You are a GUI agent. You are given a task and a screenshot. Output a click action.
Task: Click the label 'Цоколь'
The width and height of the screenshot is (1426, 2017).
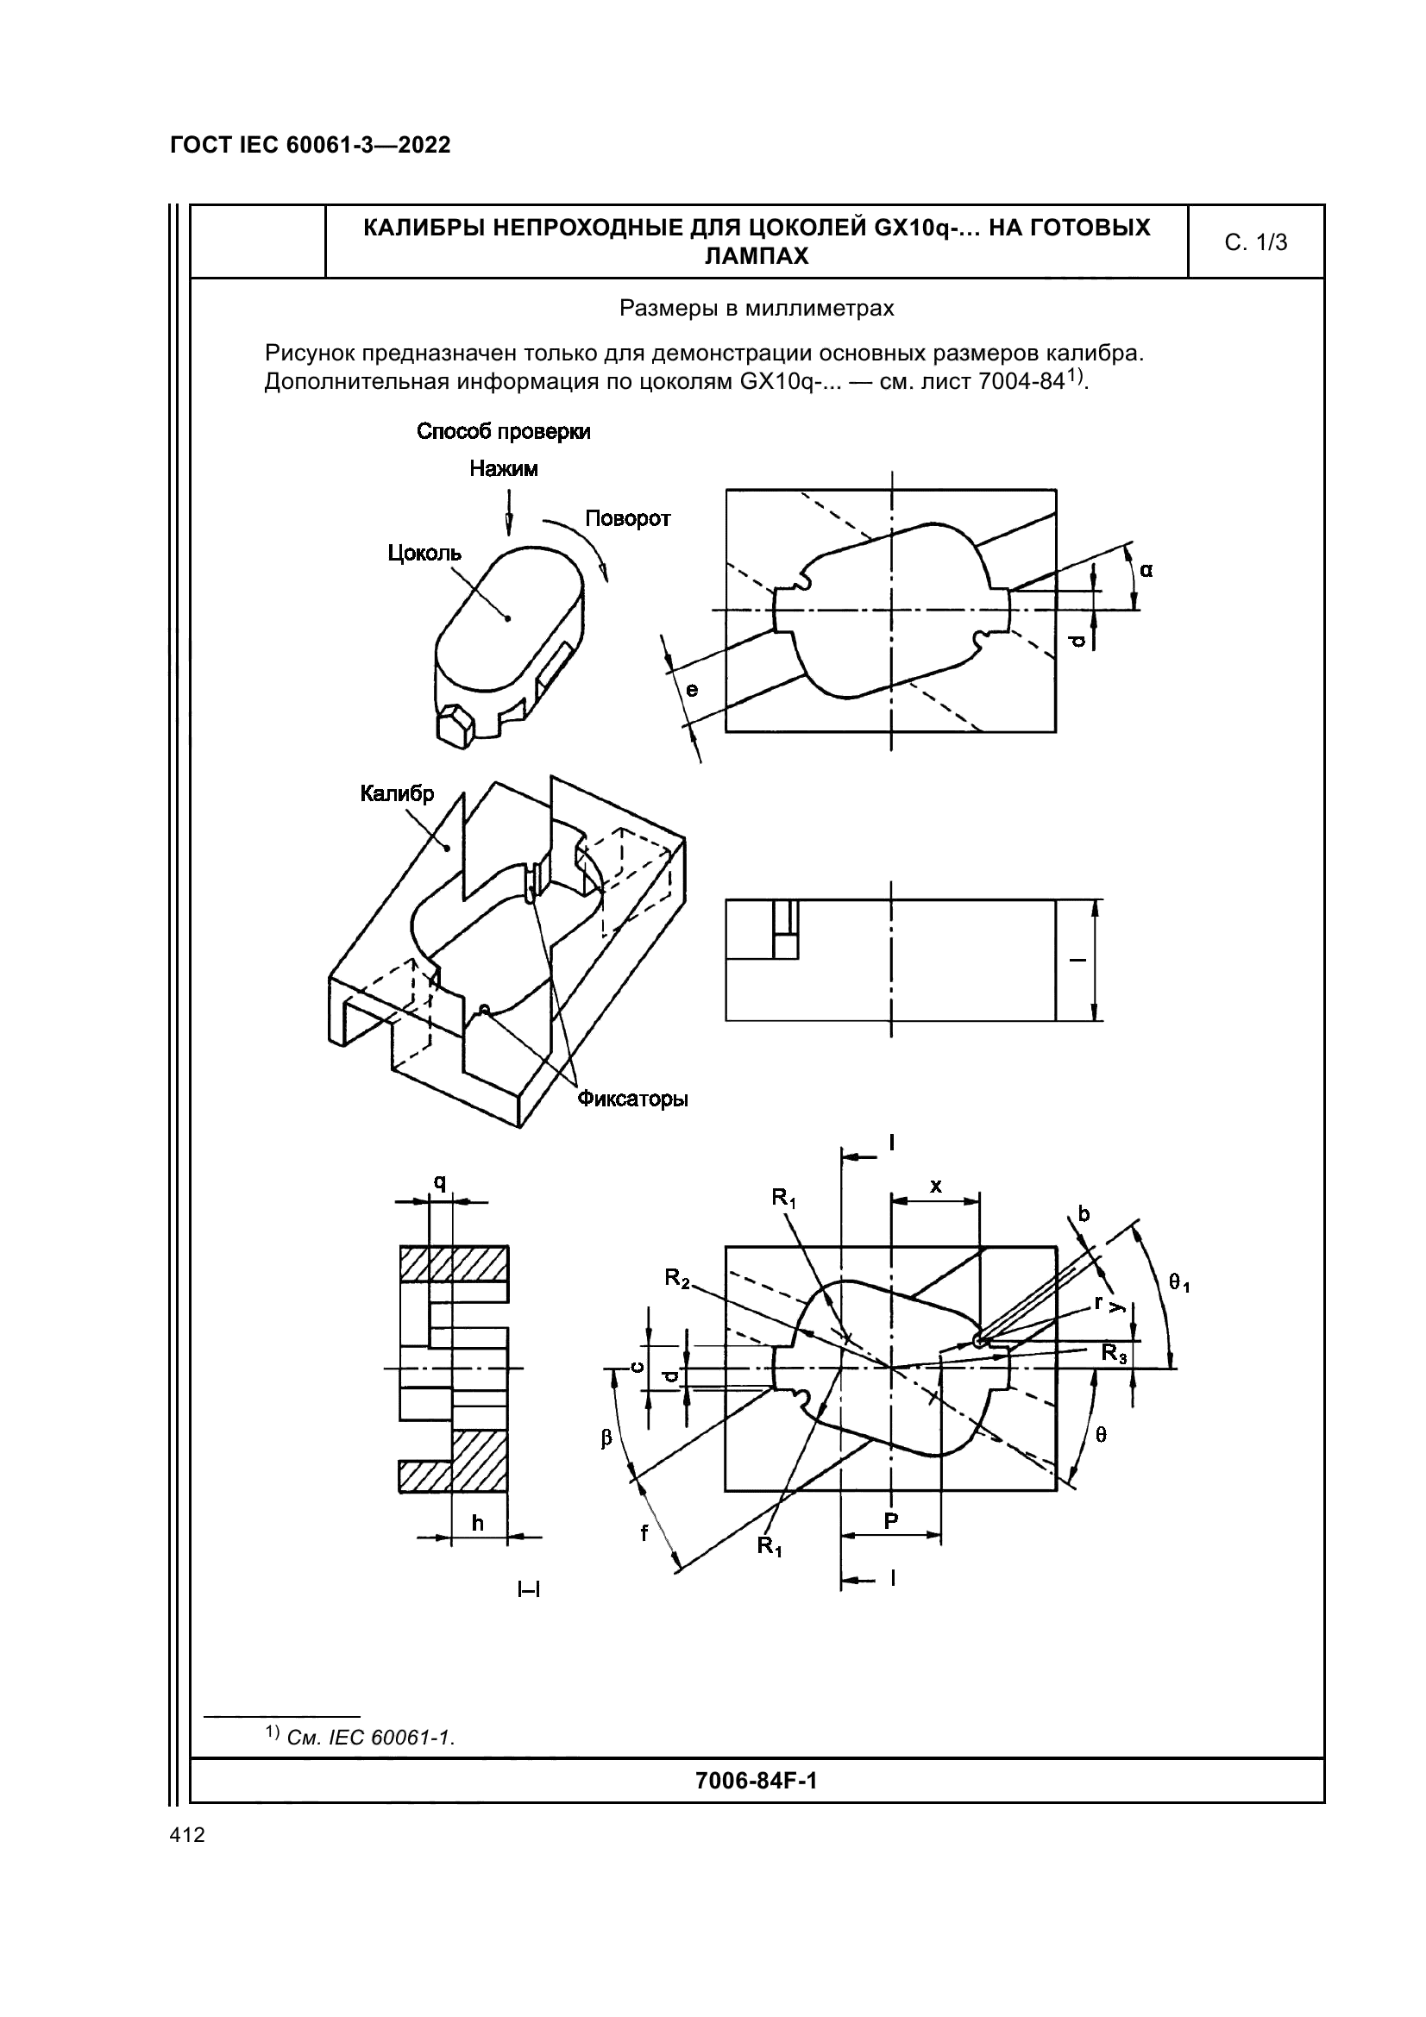coord(424,553)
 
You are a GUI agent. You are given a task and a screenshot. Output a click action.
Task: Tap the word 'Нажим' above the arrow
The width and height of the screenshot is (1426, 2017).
coord(504,468)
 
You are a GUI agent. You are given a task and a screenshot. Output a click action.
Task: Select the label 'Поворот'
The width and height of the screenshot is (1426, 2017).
coord(627,518)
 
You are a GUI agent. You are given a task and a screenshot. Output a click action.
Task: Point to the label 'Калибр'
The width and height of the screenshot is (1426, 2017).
coord(397,794)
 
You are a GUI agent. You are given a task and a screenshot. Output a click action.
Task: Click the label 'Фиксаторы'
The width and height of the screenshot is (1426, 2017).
coord(631,1099)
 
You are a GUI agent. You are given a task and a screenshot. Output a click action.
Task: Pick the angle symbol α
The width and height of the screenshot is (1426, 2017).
coord(1146,570)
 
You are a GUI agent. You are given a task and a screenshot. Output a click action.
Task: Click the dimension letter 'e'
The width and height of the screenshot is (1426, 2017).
coord(693,690)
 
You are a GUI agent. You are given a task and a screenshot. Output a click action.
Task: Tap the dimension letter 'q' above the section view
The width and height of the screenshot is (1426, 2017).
coord(439,1183)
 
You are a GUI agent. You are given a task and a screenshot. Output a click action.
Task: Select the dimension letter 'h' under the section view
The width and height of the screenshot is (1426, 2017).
coord(477,1522)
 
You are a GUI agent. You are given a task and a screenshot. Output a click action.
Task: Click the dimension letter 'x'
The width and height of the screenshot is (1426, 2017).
coord(936,1186)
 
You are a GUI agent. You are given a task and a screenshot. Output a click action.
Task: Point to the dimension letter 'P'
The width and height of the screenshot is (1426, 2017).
coord(891,1520)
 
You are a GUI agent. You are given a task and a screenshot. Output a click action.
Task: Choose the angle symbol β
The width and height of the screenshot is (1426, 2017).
coord(606,1440)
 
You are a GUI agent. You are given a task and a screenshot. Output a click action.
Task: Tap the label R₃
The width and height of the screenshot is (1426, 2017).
coord(1115,1354)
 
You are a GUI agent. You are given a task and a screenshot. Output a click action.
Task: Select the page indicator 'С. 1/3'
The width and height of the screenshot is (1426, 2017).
coord(1255,242)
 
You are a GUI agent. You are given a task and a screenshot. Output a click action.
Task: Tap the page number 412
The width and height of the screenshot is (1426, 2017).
coord(187,1835)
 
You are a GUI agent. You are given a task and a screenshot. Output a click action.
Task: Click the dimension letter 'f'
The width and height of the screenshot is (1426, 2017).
coord(644,1533)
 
